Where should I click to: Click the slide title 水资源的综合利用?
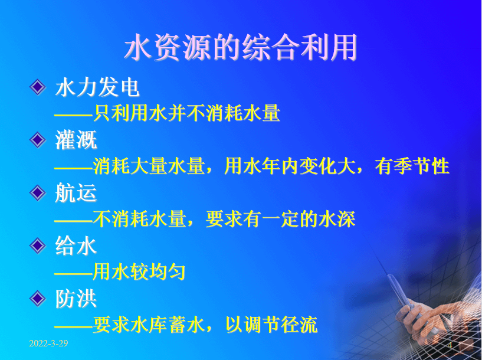coord(241,48)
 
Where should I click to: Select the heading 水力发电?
coord(97,87)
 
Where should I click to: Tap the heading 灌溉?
coord(76,140)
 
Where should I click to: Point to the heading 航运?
coord(76,193)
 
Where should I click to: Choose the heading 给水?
coord(76,246)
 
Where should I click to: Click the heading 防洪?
coord(76,299)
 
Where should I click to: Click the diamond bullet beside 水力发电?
coord(38,87)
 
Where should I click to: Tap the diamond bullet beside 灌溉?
coord(38,140)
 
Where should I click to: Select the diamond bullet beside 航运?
coord(38,193)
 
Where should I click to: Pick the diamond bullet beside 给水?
coord(38,246)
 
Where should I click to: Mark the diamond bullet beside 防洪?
coord(38,299)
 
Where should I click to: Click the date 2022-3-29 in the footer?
coord(48,343)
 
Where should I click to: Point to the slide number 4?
coord(450,345)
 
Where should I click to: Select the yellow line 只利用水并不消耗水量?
coord(186,113)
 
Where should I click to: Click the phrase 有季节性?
coord(412,166)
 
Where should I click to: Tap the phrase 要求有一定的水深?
coord(280,219)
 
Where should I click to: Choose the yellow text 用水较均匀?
coord(139,272)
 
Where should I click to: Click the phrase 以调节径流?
coord(271,325)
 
